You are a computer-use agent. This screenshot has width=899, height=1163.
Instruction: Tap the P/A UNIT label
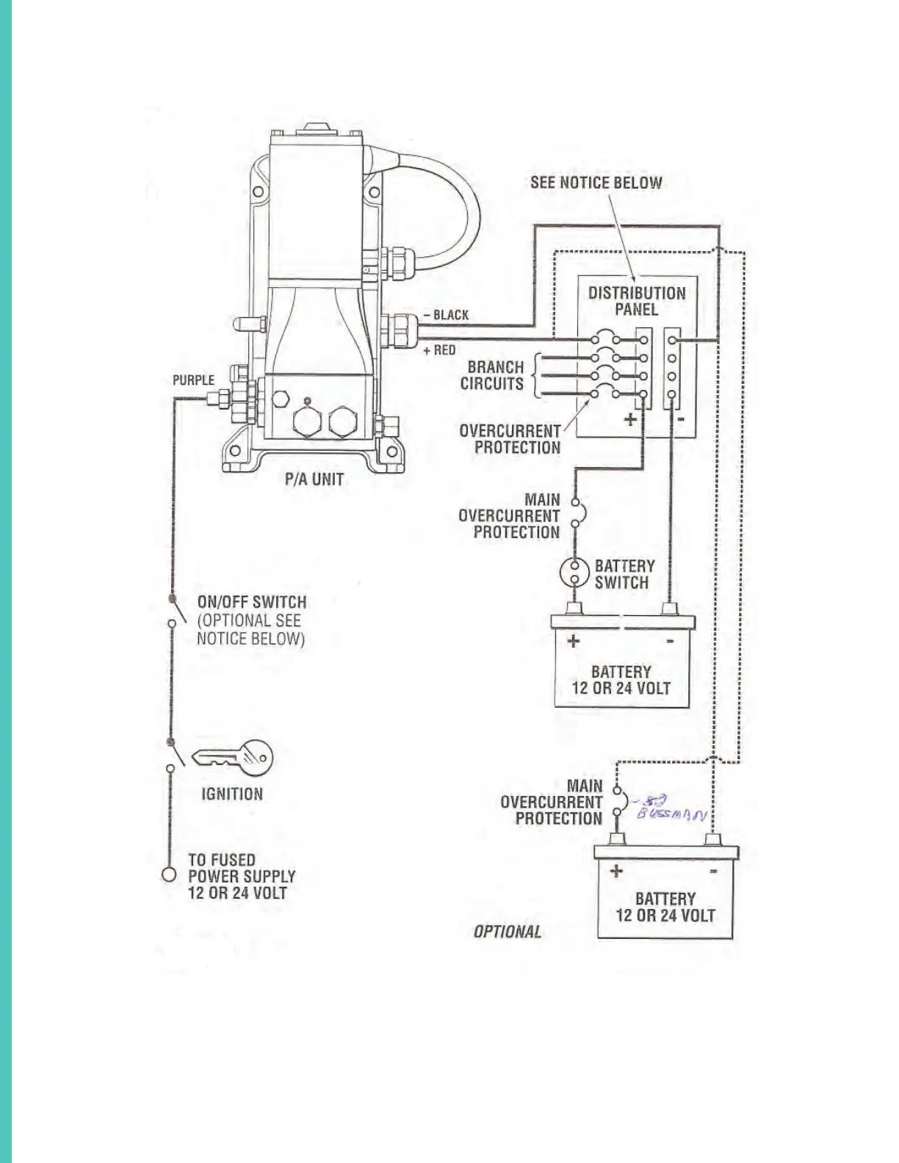pos(314,479)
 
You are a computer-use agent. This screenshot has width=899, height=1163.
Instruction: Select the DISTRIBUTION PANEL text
pos(636,301)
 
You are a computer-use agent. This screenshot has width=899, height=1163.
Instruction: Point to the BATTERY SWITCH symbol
pos(574,573)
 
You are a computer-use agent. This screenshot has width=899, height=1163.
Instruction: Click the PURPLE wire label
pos(193,380)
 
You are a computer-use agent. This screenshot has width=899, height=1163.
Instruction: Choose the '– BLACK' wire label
pos(446,315)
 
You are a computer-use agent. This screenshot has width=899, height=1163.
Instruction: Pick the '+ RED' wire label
pos(439,350)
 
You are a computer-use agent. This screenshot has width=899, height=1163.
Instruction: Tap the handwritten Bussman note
pos(671,809)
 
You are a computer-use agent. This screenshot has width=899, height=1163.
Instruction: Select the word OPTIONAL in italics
pos(508,932)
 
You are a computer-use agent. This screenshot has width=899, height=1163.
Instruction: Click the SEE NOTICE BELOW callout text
pos(596,183)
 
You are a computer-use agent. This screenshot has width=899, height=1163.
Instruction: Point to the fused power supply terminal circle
pos(170,874)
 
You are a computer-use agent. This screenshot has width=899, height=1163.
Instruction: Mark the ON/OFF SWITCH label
pos(252,602)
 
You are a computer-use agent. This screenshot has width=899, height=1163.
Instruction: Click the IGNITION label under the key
pos(232,794)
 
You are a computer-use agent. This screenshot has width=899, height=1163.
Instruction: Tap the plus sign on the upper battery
pos(574,640)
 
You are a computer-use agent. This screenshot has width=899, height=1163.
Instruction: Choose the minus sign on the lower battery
pos(712,872)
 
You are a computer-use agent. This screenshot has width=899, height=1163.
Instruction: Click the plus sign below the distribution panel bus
pos(630,419)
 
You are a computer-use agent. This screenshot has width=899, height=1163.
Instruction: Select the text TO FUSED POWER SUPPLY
pos(242,868)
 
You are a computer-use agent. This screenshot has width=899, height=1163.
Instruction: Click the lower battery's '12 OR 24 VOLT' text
pos(665,916)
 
